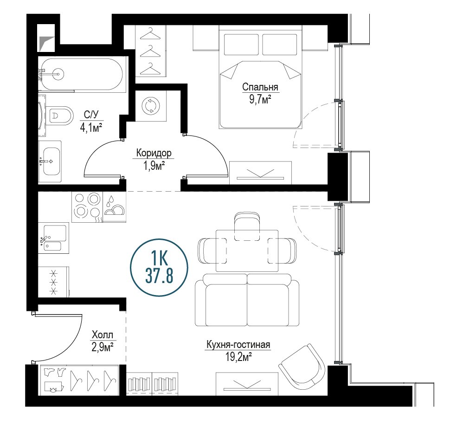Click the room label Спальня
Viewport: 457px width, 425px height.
click(260, 87)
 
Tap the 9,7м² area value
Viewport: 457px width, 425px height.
click(260, 100)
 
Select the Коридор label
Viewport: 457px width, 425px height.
click(154, 153)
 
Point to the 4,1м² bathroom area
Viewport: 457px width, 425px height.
click(91, 128)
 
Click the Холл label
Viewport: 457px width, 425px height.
click(102, 335)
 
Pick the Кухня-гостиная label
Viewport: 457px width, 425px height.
click(238, 345)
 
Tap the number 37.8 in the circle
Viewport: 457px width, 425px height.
click(159, 276)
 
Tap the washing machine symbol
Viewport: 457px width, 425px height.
click(151, 105)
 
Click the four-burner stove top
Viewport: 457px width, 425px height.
click(87, 206)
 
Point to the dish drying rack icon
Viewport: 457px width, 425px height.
click(114, 206)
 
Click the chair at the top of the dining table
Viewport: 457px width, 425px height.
click(247, 226)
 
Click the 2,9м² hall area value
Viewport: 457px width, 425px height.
click(102, 347)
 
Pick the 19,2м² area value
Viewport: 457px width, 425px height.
click(238, 357)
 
